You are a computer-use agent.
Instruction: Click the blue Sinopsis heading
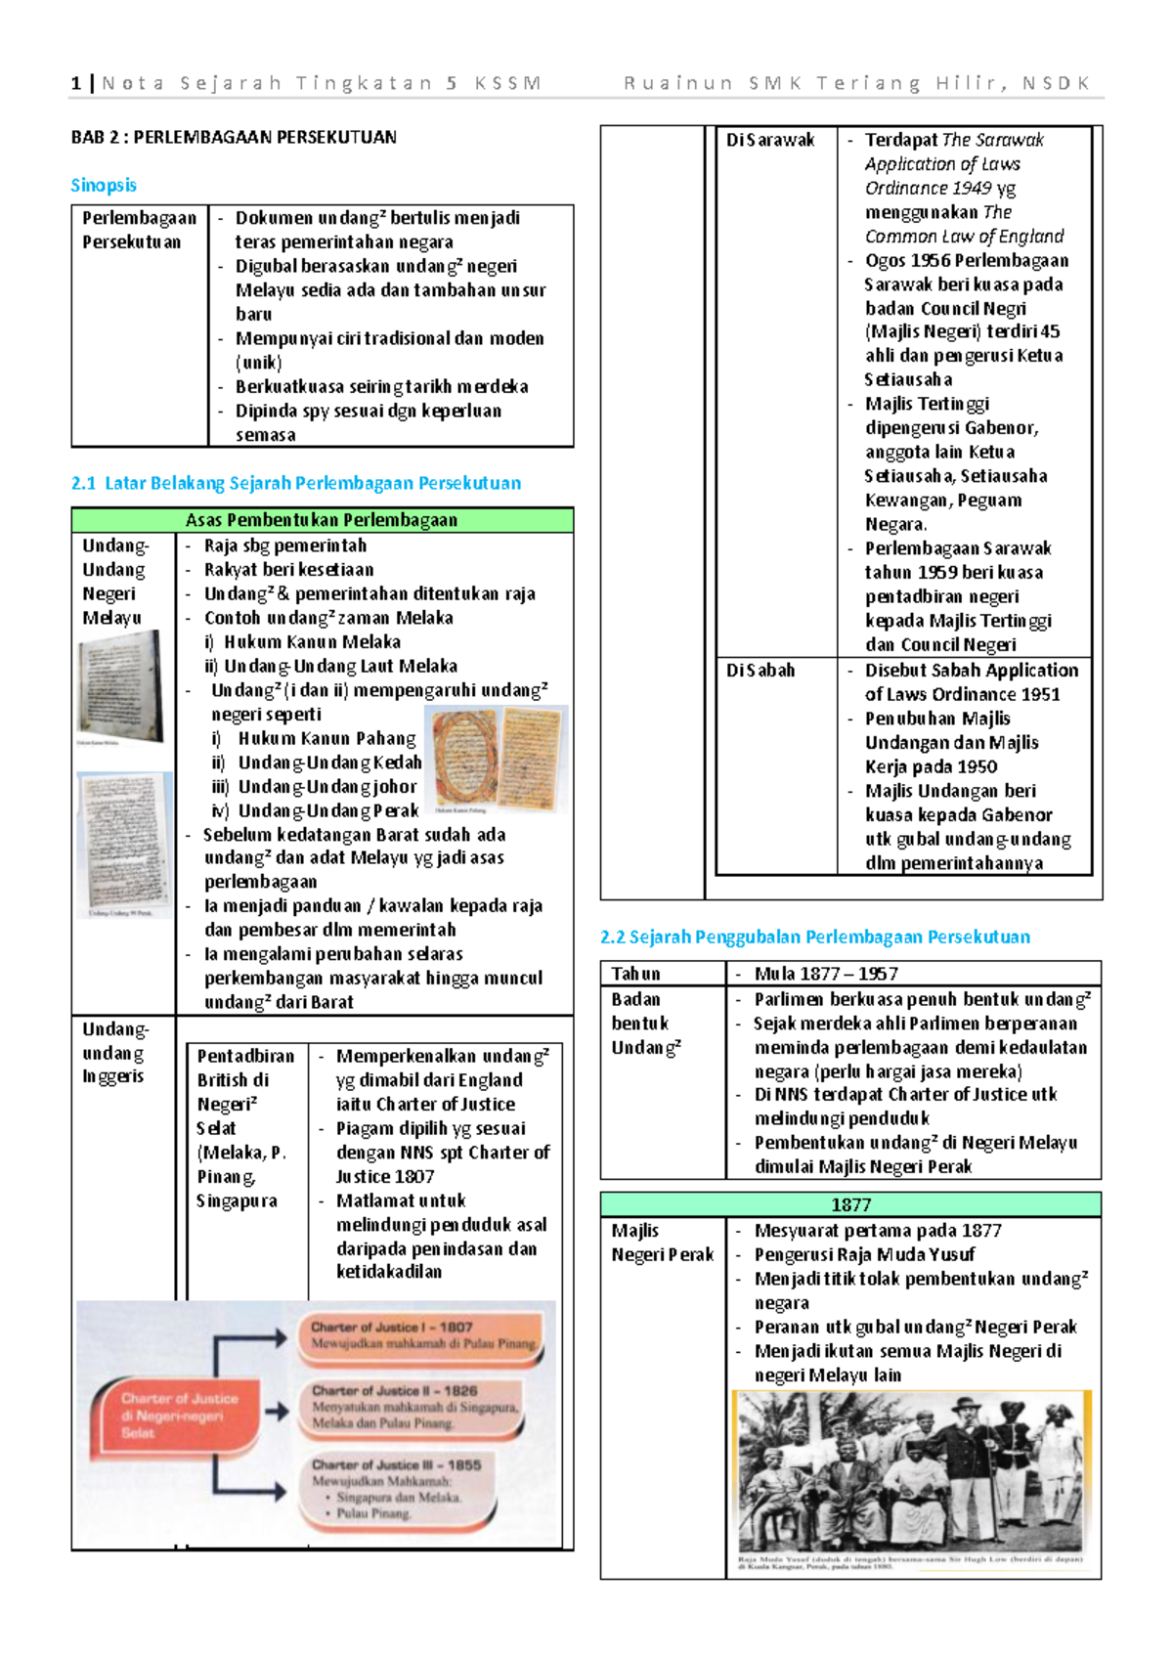coord(104,185)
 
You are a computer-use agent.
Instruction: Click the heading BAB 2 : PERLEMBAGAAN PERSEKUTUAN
coord(234,137)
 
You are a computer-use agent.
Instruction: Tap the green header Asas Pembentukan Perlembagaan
coord(322,520)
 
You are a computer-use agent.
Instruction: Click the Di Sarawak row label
coord(770,140)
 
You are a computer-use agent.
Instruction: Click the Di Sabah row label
coord(760,671)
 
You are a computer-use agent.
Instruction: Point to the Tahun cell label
coord(636,974)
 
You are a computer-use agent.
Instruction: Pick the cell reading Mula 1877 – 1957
coord(826,974)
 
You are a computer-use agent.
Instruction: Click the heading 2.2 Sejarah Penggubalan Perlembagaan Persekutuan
coord(814,937)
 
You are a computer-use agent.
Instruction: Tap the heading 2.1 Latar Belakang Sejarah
coord(295,483)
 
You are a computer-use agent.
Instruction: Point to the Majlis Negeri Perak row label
coord(662,1243)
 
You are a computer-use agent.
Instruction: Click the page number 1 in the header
coord(75,83)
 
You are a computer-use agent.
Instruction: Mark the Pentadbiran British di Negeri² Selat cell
coord(244,1128)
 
